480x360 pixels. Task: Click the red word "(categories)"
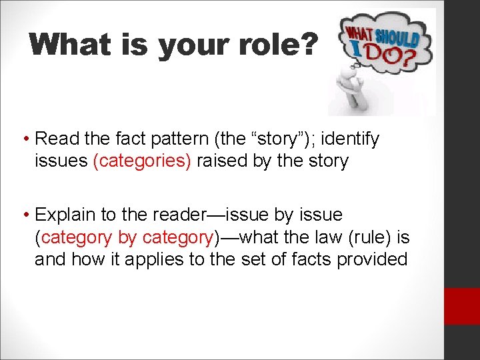tap(141, 161)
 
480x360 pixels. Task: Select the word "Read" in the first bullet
tap(55, 139)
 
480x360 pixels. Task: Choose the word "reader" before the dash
tap(188, 215)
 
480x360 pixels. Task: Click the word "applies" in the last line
tap(151, 259)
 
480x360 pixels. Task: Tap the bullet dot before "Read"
tap(25, 139)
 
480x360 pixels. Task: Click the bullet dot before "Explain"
tap(25, 215)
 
